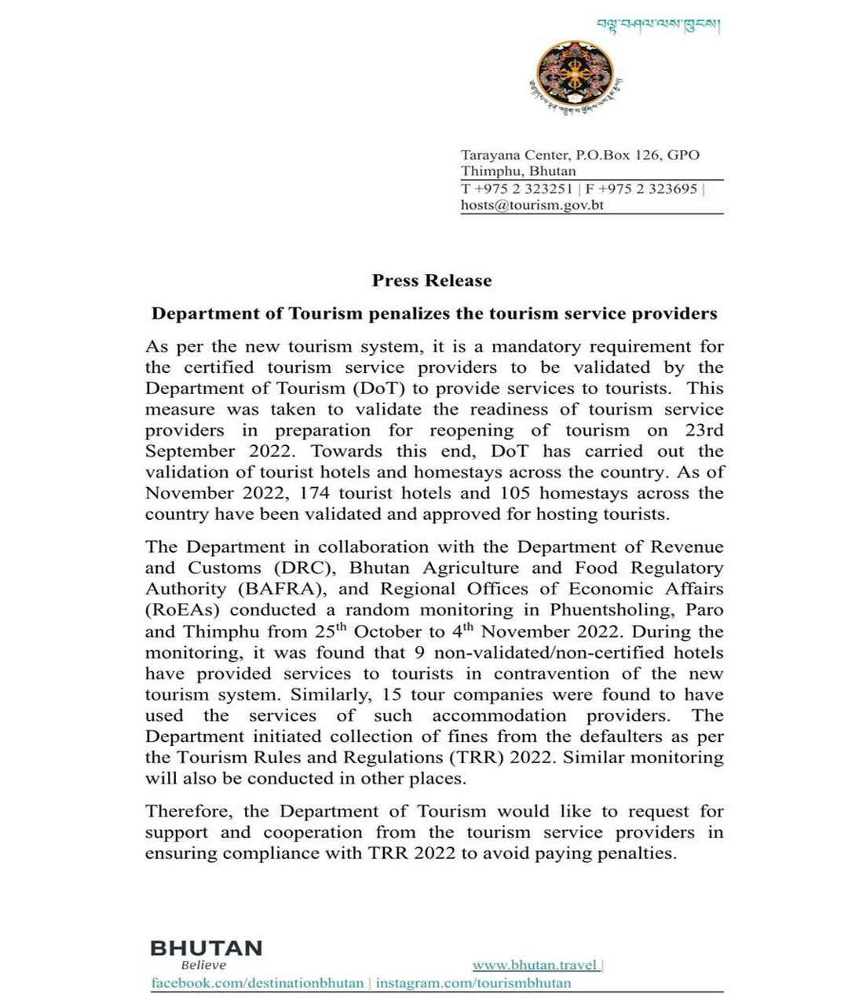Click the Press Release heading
[432, 281]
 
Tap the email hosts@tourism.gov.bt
[532, 206]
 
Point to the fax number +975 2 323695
[647, 189]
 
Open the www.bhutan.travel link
[535, 965]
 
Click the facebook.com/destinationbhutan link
[258, 983]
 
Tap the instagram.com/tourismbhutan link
[473, 983]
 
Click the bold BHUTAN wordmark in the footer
[206, 948]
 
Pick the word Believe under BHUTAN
[203, 966]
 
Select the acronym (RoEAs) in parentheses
[183, 610]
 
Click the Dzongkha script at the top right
[658, 25]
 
